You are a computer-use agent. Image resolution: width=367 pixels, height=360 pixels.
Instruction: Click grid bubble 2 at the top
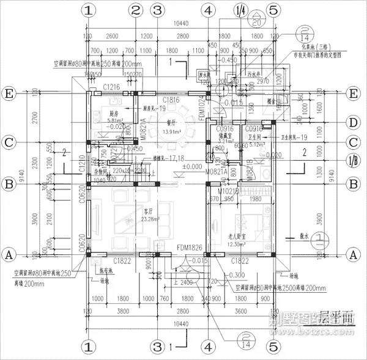tap(136, 10)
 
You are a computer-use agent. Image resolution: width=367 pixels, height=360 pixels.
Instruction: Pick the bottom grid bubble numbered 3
tap(157, 347)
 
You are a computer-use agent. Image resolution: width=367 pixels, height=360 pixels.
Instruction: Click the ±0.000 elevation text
tap(193, 166)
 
